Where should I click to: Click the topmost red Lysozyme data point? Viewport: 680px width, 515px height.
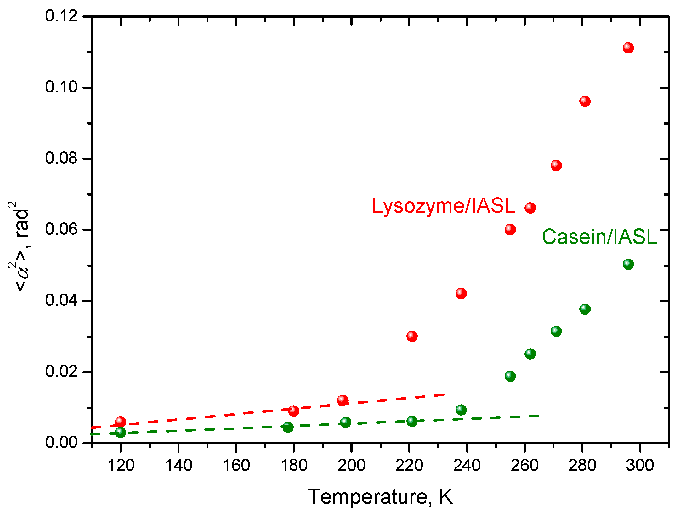click(628, 48)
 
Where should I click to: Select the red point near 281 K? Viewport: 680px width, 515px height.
click(585, 101)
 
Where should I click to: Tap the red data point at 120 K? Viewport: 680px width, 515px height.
click(120, 421)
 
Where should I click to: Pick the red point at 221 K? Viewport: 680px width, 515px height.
click(412, 336)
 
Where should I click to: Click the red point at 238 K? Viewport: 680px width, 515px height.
click(461, 294)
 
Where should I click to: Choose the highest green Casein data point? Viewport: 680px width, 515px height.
click(628, 264)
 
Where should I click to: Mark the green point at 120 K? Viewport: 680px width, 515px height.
click(120, 433)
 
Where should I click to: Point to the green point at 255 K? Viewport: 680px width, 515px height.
click(510, 376)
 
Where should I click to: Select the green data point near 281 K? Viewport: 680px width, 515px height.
click(585, 309)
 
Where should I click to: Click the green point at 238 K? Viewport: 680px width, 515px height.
click(461, 410)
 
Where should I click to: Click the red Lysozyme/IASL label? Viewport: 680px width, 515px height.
click(443, 206)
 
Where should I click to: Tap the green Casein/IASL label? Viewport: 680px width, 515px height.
click(599, 237)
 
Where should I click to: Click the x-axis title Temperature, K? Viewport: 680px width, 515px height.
click(380, 497)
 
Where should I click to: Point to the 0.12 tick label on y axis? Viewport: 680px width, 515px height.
click(61, 16)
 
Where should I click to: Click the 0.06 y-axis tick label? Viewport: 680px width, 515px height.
click(61, 229)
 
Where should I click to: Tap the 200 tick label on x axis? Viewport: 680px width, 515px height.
click(351, 465)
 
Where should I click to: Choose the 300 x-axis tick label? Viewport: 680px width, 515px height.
click(640, 465)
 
